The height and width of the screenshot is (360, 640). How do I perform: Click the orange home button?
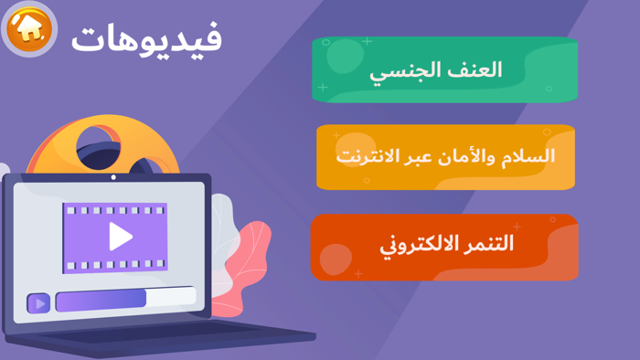click(30, 29)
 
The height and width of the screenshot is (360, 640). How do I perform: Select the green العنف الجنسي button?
click(445, 69)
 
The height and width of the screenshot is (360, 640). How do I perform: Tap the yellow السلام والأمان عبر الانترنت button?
click(445, 156)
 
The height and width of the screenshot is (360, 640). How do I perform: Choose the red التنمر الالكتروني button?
click(445, 245)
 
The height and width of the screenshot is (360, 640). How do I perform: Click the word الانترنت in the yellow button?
click(369, 156)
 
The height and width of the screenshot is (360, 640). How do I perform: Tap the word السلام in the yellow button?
click(528, 156)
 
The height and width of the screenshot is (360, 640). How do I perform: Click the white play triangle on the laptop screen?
click(120, 237)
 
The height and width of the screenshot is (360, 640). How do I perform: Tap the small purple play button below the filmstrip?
click(38, 302)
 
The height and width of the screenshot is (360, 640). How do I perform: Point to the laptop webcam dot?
click(113, 177)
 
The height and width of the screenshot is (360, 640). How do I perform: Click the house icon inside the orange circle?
click(30, 28)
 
